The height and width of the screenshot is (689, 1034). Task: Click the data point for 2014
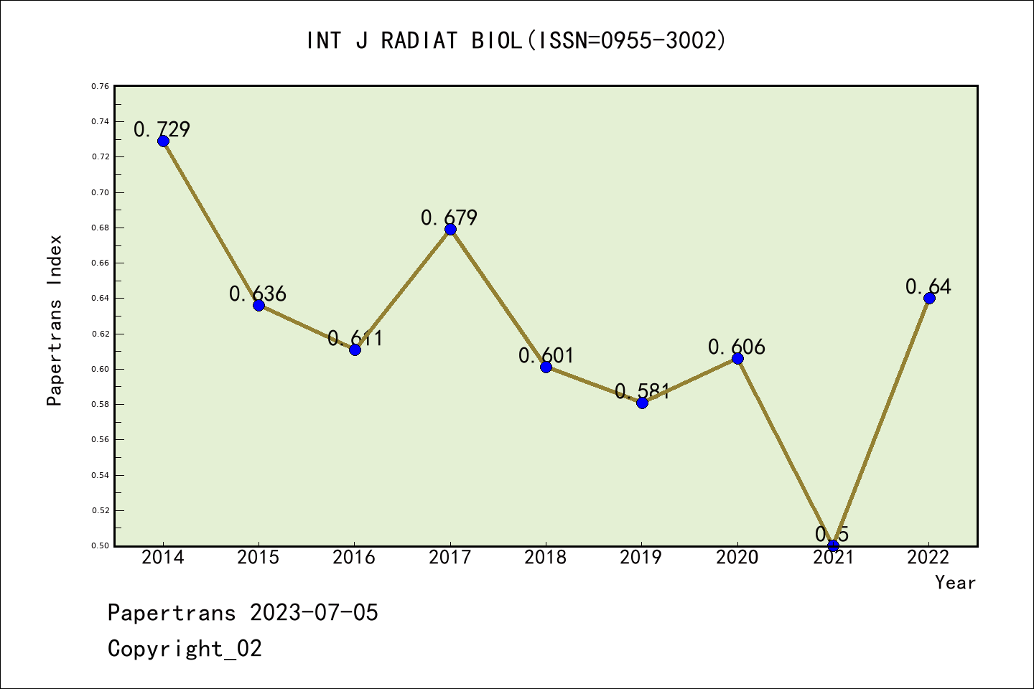coord(163,141)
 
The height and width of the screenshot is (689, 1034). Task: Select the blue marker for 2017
coord(450,229)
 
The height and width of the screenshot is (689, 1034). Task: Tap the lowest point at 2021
coord(833,545)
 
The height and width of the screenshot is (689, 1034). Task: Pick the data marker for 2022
coord(929,298)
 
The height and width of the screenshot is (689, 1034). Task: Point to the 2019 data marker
coord(642,403)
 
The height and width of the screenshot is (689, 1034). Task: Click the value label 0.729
coord(162,130)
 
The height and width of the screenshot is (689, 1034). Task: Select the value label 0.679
coord(449,217)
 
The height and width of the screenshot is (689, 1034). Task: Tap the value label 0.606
coord(737,347)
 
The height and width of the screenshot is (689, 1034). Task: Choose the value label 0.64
coord(928,287)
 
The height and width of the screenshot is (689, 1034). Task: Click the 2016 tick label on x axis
coord(354,558)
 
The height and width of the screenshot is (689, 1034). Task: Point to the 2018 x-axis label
coord(546,558)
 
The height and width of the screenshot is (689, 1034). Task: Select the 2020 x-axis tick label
coord(737,558)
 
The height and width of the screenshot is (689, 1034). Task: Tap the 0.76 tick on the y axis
coord(101,86)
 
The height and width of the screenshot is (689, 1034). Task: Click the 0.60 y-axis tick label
coord(101,369)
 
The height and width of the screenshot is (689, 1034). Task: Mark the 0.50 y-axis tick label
coord(101,545)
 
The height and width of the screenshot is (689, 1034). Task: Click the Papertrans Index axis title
coord(55,320)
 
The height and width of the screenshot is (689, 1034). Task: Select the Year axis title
coord(955,583)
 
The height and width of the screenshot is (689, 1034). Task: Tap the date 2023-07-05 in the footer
coord(314,613)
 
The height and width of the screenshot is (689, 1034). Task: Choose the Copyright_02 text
coord(185,649)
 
